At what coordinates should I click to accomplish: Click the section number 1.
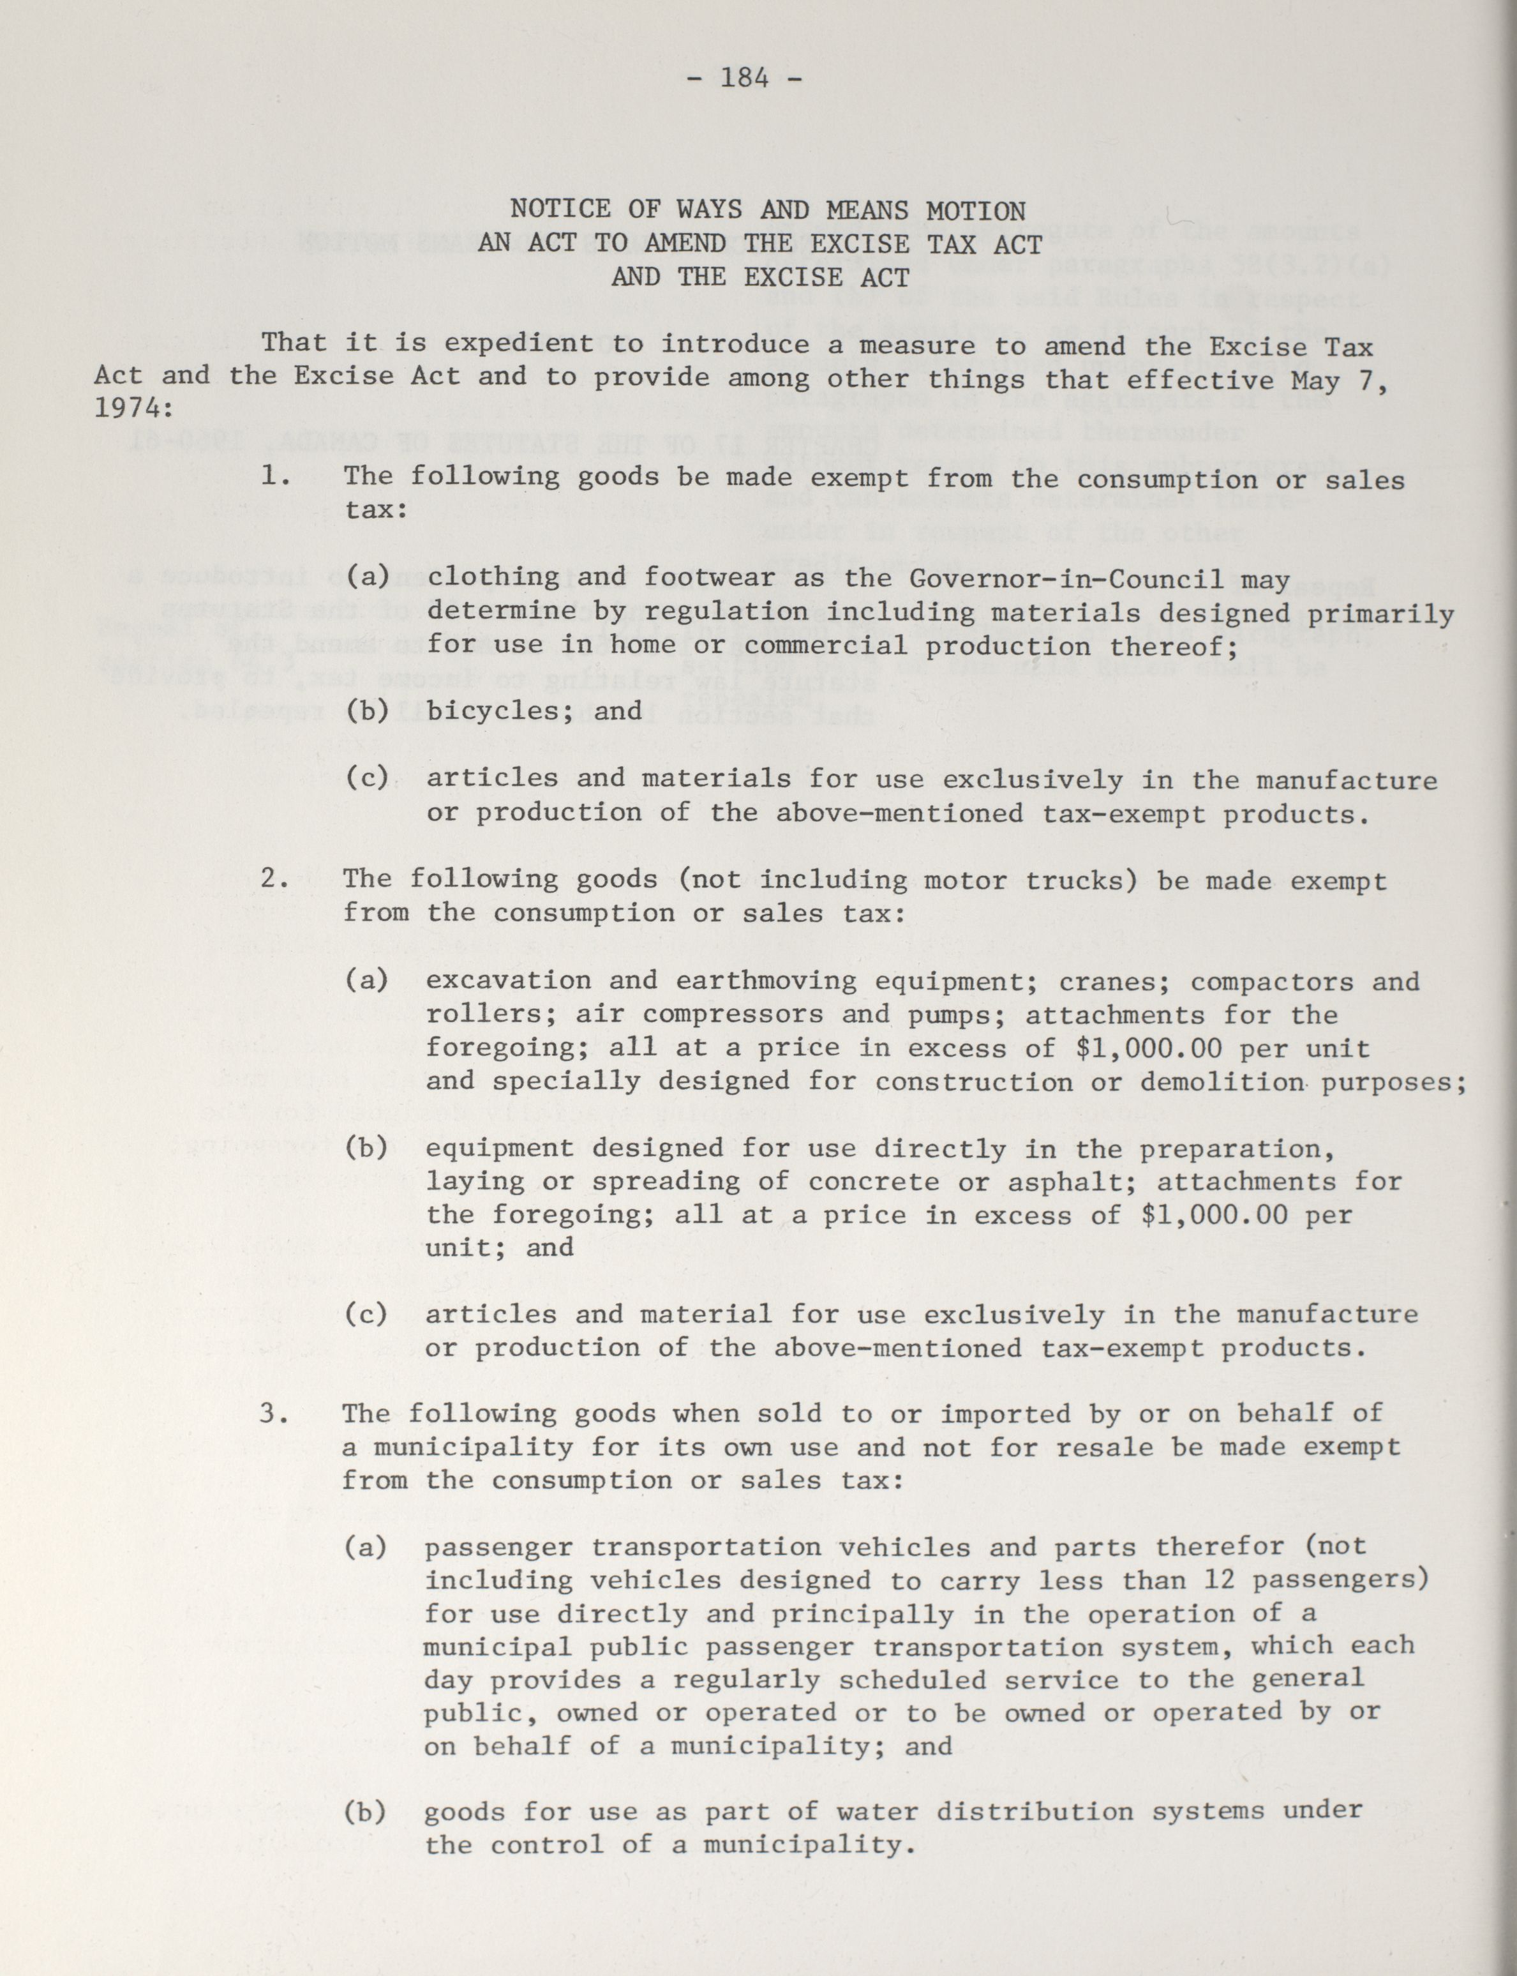274,475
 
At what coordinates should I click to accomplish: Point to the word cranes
1108,982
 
